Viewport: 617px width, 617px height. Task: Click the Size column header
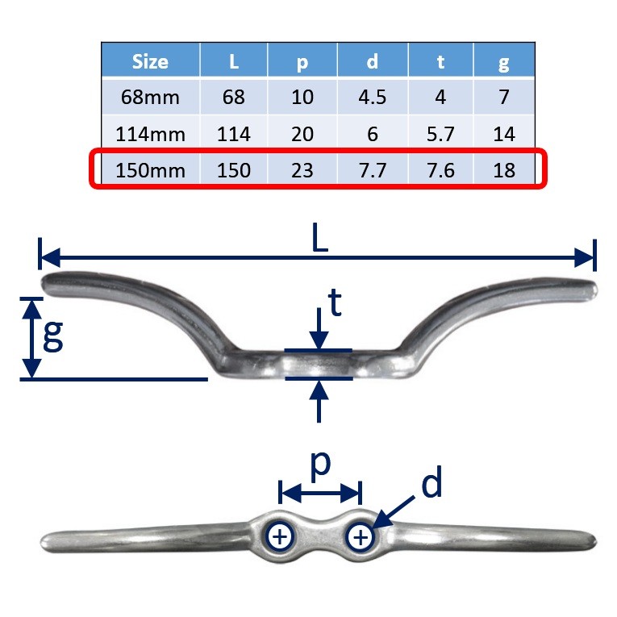point(151,61)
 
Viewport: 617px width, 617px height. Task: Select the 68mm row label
point(151,98)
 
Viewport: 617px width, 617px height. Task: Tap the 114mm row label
point(151,134)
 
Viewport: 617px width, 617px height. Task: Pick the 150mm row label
point(151,170)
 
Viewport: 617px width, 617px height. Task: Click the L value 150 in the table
point(234,170)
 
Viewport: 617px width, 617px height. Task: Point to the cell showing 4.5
point(372,98)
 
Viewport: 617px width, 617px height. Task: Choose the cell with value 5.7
point(440,134)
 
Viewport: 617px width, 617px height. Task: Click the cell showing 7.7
point(372,170)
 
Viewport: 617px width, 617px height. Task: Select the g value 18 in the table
point(504,170)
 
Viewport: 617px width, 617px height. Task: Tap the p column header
point(302,61)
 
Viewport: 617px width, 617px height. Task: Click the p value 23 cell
point(302,170)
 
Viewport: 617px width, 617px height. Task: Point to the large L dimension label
point(319,240)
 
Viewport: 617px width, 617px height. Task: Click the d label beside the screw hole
point(431,484)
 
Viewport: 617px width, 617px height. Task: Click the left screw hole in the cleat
point(280,536)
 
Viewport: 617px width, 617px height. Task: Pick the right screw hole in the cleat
point(361,536)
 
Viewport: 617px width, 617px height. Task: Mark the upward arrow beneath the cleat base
point(319,399)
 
